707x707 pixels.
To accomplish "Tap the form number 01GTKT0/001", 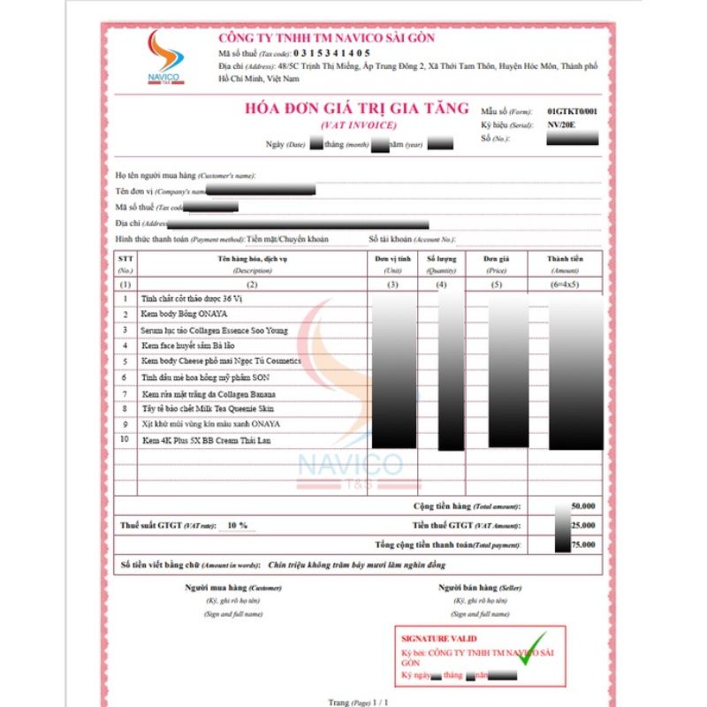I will pyautogui.click(x=572, y=112).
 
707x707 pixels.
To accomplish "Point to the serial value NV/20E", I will pyautogui.click(x=560, y=125).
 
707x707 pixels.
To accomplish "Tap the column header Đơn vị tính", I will pyautogui.click(x=393, y=258).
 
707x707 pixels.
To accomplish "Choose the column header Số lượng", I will pyautogui.click(x=441, y=258).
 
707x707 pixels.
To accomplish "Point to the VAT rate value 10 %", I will pyautogui.click(x=237, y=525).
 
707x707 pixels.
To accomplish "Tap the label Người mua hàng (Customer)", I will pyautogui.click(x=221, y=588).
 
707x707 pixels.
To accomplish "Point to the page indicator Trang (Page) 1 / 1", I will pyautogui.click(x=357, y=702).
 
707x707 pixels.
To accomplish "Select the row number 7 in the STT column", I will pyautogui.click(x=126, y=393).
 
